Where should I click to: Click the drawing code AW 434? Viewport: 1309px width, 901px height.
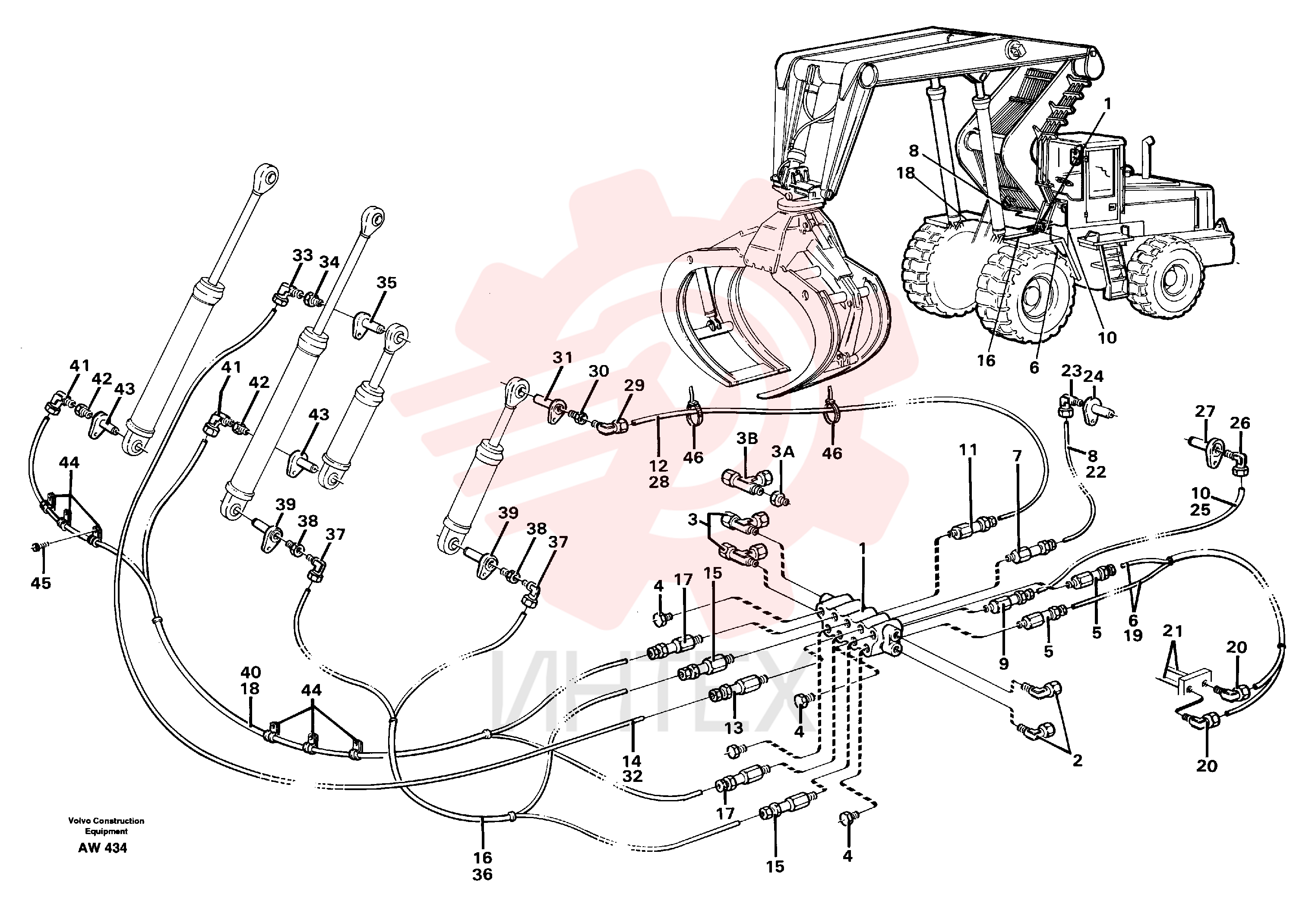(x=102, y=848)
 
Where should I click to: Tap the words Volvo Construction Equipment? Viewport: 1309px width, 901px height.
(x=106, y=826)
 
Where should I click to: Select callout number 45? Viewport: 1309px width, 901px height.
(x=41, y=583)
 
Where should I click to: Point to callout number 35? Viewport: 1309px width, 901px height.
(x=387, y=282)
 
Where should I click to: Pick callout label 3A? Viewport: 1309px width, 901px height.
(x=783, y=452)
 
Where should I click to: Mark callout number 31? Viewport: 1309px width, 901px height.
(x=563, y=357)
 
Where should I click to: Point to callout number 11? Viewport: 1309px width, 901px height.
(x=968, y=450)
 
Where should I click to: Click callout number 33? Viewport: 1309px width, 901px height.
(x=303, y=255)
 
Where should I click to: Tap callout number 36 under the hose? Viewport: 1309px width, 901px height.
(x=483, y=875)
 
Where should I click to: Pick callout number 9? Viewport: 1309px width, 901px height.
(x=1003, y=664)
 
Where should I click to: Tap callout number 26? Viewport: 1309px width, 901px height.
(x=1241, y=423)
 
